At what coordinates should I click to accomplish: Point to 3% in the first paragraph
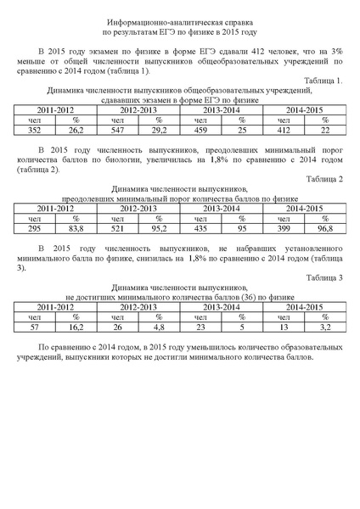(x=336, y=51)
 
